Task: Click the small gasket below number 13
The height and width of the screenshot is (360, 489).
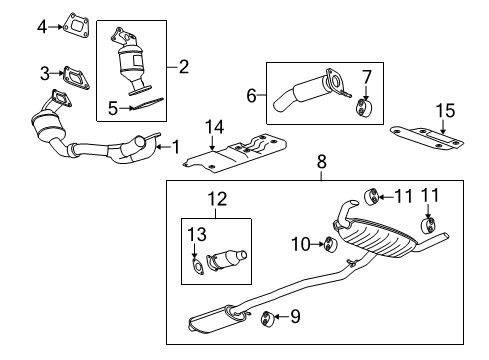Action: point(196,265)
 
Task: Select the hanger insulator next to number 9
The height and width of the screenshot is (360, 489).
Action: point(268,319)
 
